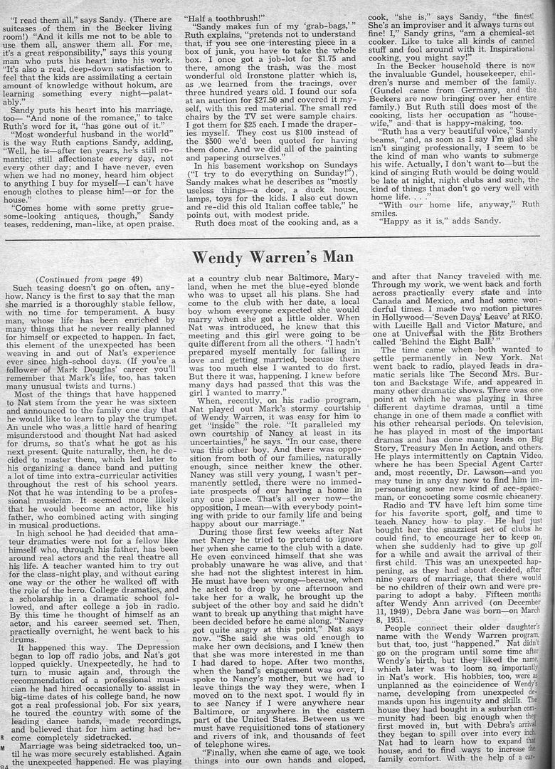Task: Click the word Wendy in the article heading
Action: pyautogui.click(x=223, y=257)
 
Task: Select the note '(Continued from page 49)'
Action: pyautogui.click(x=73, y=279)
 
